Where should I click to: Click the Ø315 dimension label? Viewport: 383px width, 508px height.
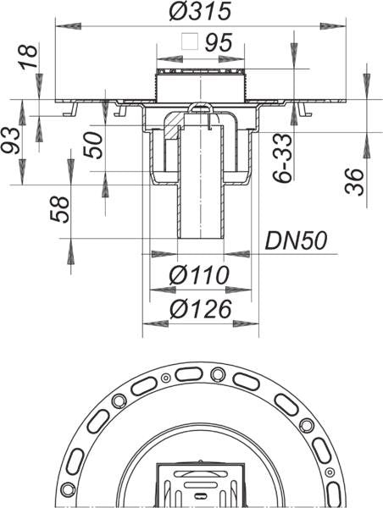click(200, 11)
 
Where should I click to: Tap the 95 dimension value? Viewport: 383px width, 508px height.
click(219, 42)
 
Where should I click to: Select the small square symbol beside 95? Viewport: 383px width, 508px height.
click(190, 41)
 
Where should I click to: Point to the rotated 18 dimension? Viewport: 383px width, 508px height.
click(29, 57)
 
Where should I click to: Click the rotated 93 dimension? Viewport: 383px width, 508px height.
click(11, 140)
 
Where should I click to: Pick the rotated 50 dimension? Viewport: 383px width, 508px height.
click(93, 145)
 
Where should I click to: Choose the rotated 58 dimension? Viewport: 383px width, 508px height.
click(59, 210)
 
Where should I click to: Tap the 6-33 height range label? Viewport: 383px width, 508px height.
click(282, 158)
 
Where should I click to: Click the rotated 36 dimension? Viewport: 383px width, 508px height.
click(354, 182)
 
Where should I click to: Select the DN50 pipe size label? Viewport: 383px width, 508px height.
click(296, 240)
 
